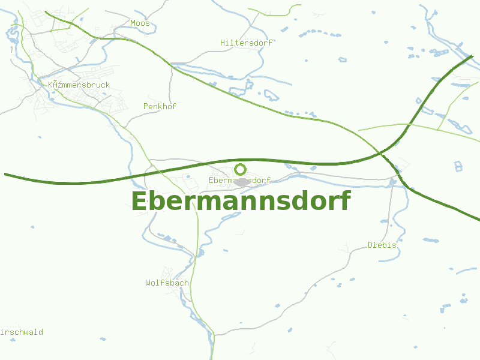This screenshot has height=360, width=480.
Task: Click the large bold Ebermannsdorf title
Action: click(240, 202)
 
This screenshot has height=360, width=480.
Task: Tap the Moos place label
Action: click(140, 23)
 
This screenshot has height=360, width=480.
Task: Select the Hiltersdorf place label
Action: click(246, 43)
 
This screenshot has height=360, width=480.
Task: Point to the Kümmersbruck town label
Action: click(79, 85)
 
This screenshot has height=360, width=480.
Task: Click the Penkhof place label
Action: click(160, 106)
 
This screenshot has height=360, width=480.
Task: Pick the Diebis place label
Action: click(382, 245)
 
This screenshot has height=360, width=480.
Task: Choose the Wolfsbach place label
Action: click(167, 283)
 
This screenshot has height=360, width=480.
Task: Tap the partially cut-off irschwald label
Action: click(22, 332)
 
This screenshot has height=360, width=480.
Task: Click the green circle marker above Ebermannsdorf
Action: click(240, 169)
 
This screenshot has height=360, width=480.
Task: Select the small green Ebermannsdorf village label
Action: click(239, 180)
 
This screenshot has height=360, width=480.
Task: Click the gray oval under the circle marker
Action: click(242, 182)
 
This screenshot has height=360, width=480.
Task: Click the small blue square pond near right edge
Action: click(458, 166)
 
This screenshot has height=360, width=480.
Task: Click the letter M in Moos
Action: click(133, 23)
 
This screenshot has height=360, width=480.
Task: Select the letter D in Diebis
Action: click(370, 245)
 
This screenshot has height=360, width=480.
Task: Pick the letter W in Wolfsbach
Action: click(148, 283)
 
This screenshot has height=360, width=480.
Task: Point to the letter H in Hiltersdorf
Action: click(223, 43)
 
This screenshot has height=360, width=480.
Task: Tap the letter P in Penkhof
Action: click(146, 106)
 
